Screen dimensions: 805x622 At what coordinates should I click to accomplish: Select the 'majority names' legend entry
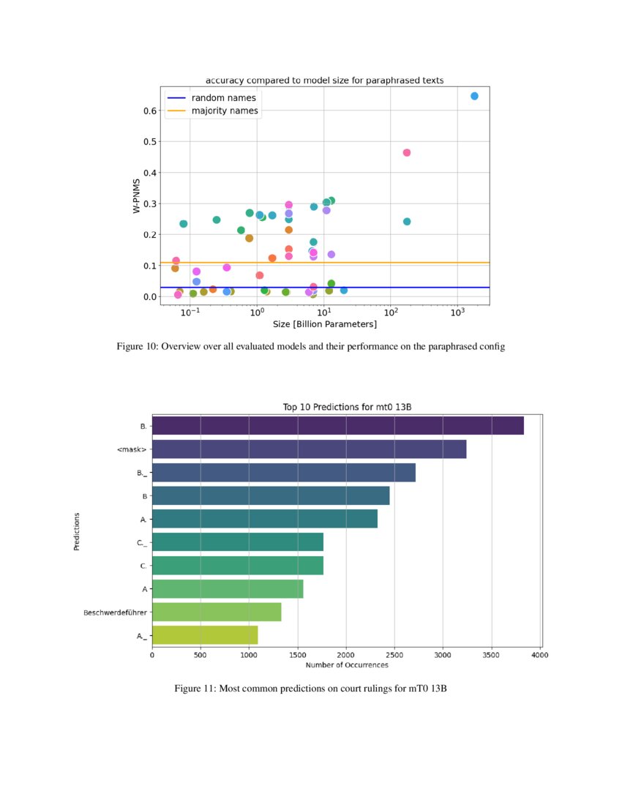tap(224, 111)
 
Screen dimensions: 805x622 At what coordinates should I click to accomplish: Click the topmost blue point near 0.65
tap(474, 96)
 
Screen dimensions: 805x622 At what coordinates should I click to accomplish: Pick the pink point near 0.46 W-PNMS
tap(407, 152)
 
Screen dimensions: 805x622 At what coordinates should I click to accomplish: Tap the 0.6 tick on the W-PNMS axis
tap(149, 111)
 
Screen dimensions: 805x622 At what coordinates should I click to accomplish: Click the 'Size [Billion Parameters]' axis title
tap(324, 324)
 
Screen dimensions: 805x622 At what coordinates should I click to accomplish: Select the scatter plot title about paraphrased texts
tap(324, 79)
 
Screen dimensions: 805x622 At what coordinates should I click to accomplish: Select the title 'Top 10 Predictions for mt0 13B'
tap(346, 407)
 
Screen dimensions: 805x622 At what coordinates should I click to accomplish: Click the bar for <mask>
tap(309, 449)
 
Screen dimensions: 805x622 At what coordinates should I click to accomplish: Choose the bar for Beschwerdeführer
tap(217, 612)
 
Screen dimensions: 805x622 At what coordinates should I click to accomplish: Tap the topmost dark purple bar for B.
tap(337, 426)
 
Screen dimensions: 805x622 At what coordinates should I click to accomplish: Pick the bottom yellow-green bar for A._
tap(205, 635)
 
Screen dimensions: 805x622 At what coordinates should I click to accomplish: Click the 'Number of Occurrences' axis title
tap(346, 664)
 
